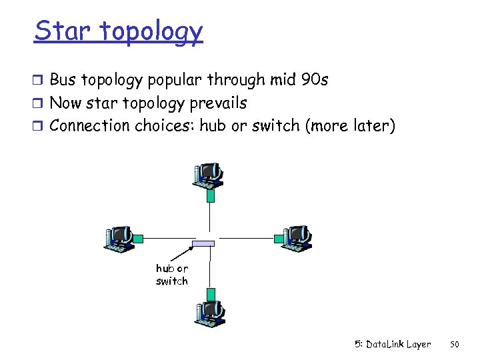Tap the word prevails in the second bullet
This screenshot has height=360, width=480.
[216, 103]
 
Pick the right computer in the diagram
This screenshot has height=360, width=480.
[295, 238]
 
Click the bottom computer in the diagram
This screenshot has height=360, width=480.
[209, 313]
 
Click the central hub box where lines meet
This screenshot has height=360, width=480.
[203, 243]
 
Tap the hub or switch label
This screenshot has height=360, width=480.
[172, 275]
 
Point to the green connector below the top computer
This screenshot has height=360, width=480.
[211, 196]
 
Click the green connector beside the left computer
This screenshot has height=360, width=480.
[138, 238]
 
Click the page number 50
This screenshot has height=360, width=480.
[455, 345]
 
